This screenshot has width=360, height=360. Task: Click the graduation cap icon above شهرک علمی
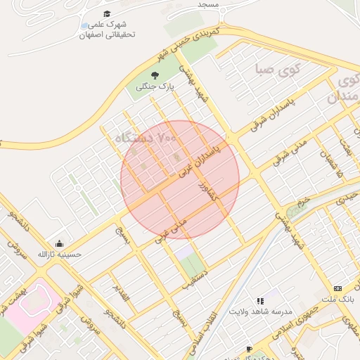click(x=107, y=13)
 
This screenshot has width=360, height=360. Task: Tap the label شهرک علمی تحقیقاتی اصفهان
click(x=107, y=29)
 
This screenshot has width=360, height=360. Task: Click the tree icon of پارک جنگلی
click(x=155, y=75)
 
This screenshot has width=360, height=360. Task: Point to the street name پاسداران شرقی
click(x=269, y=116)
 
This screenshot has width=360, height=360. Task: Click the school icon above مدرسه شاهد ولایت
click(x=260, y=301)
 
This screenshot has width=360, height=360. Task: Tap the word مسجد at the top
click(x=208, y=4)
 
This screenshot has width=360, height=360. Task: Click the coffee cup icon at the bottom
click(x=249, y=349)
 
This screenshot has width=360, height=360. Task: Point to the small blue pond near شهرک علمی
click(x=85, y=25)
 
